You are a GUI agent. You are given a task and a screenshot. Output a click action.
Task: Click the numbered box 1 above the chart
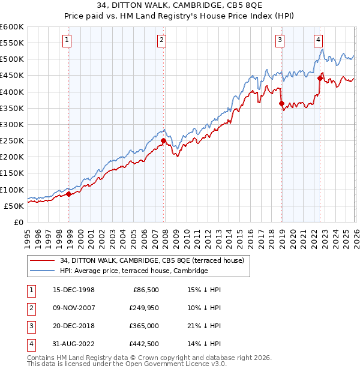[66, 40]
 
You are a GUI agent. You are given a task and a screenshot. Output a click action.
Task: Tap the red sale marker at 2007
[163, 141]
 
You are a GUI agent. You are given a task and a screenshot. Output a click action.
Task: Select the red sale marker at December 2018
[281, 103]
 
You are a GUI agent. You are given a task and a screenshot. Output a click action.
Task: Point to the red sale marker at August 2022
[320, 78]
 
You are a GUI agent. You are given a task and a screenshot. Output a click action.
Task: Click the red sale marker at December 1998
[69, 194]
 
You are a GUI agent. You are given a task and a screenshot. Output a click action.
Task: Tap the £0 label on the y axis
[19, 222]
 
